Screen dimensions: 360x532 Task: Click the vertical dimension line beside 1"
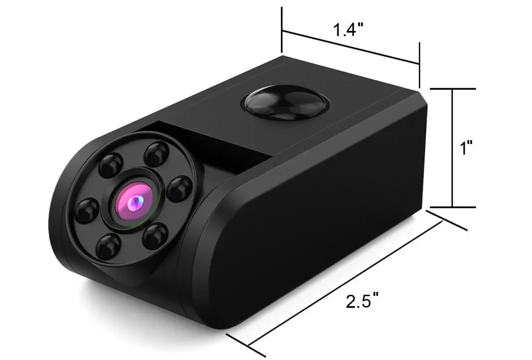452,148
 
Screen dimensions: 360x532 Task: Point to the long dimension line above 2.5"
344,284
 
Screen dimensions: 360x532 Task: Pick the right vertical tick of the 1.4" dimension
419,62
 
